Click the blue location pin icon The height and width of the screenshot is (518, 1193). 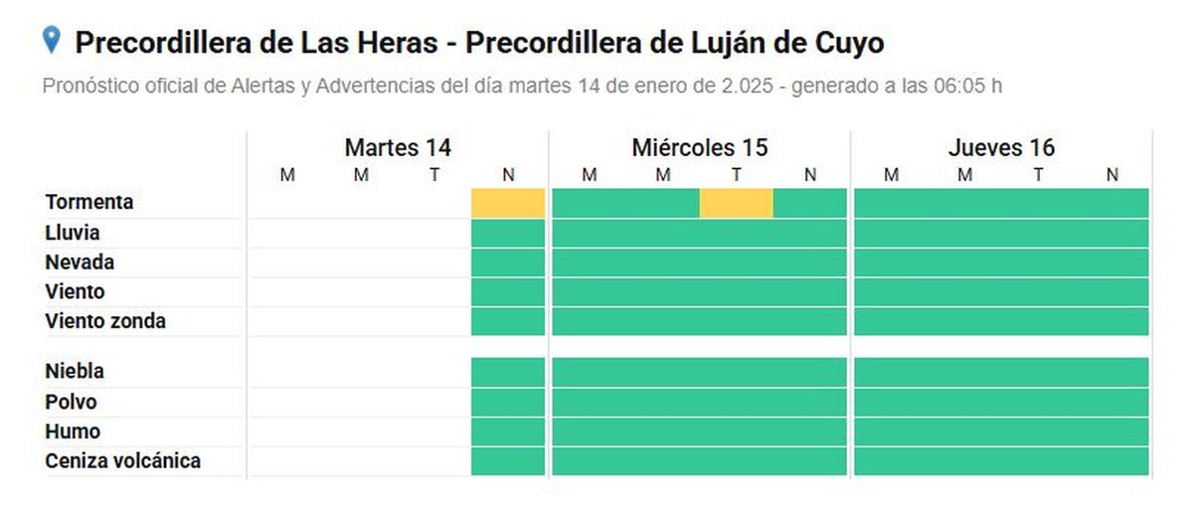[52, 41]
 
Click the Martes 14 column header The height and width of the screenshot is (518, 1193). [398, 148]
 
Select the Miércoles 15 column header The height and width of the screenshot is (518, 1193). [699, 148]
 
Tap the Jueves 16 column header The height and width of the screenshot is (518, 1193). [1000, 148]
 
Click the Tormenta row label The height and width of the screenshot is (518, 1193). [88, 202]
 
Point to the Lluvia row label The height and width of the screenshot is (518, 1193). [72, 233]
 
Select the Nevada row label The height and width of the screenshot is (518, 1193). [80, 262]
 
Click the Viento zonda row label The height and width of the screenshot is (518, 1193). [105, 321]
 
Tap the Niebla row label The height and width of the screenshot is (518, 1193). [75, 371]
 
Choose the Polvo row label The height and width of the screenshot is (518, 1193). [71, 402]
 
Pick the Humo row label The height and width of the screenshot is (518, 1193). [73, 432]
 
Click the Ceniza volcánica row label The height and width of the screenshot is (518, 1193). [122, 461]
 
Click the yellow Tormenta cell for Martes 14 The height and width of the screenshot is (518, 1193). [508, 203]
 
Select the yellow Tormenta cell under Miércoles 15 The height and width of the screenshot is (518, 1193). [736, 203]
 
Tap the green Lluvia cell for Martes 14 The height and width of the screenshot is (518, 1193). [508, 233]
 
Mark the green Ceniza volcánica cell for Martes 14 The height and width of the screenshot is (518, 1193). [508, 461]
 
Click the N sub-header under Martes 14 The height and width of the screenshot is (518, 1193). [508, 176]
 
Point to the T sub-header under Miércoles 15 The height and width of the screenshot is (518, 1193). [737, 176]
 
